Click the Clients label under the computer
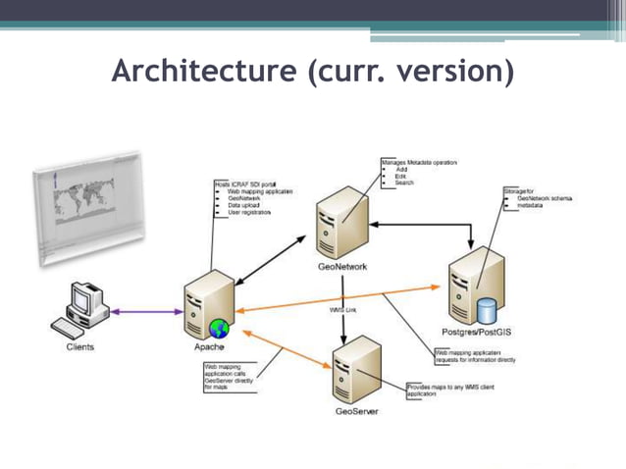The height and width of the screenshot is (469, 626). click(80, 347)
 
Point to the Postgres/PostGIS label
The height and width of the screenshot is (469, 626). click(476, 332)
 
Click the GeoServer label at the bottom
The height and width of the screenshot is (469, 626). click(356, 411)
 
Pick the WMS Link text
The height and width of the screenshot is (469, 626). click(342, 310)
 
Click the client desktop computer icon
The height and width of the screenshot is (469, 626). click(82, 309)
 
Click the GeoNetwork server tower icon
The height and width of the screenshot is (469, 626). click(339, 225)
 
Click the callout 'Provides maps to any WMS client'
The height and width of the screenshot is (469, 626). click(449, 390)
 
